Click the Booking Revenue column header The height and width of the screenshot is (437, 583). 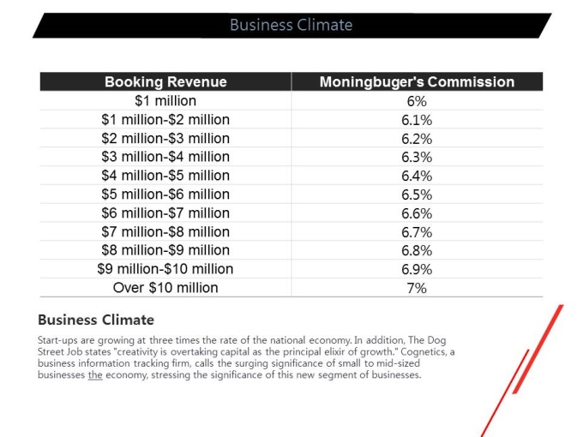click(165, 81)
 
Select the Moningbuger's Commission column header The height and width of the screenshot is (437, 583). click(417, 81)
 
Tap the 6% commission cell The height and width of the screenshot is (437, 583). click(417, 101)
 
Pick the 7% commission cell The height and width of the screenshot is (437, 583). click(417, 288)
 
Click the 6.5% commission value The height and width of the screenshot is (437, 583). click(417, 195)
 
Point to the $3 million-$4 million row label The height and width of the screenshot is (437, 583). click(165, 157)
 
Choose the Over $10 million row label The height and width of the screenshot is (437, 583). click(165, 288)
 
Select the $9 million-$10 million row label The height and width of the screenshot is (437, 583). click(165, 269)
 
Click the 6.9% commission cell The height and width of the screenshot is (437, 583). click(417, 269)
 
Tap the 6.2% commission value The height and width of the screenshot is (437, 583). click(417, 139)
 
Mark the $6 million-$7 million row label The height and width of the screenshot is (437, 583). click(165, 213)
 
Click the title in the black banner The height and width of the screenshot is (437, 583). click(291, 25)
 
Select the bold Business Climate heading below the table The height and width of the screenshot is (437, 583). click(96, 320)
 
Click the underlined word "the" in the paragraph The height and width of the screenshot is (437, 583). click(95, 374)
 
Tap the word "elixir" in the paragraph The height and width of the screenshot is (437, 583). click(335, 351)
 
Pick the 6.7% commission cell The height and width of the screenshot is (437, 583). click(417, 232)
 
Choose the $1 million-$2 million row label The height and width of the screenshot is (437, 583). click(165, 120)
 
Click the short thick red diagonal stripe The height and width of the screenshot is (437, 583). click(538, 350)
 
